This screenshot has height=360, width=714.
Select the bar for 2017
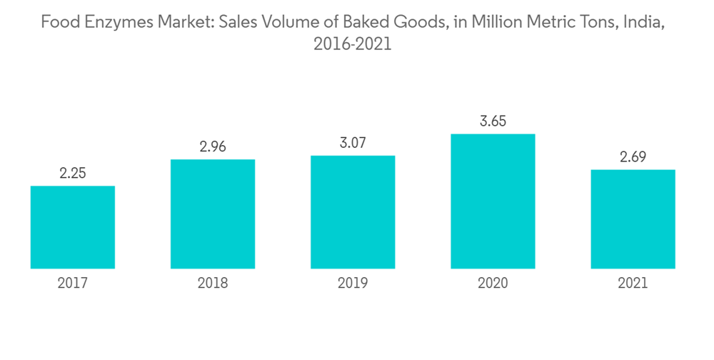(x=73, y=227)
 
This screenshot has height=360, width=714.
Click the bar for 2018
(x=213, y=214)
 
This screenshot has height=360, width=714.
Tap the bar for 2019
(x=353, y=211)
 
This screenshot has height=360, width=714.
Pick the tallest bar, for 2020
(x=493, y=201)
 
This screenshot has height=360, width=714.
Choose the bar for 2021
(x=633, y=219)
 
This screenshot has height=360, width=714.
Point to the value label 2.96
(x=213, y=148)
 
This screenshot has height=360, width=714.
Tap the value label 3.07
(x=353, y=144)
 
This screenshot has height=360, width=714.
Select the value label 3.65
(x=493, y=121)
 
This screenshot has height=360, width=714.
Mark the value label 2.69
(x=633, y=158)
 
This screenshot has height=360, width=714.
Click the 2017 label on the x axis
(x=73, y=284)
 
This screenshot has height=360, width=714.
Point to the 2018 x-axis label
(x=213, y=284)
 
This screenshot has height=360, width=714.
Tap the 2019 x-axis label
(x=353, y=284)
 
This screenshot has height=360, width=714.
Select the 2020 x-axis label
(x=493, y=284)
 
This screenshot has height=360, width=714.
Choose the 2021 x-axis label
(x=633, y=284)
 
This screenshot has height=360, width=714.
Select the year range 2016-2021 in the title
(x=353, y=44)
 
